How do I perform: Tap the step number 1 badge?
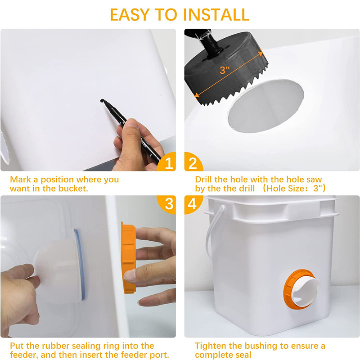coord(167,162)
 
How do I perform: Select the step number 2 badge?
coord(193,162)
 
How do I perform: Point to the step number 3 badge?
coord(167,204)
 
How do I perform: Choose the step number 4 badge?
coord(193,204)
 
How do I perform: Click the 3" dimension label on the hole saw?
coord(225,70)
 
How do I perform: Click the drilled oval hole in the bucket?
coord(266,106)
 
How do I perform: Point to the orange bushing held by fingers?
coord(128,257)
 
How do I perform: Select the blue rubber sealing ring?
coord(80,264)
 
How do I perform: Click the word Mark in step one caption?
coord(20,180)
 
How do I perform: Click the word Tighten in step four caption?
coord(210,346)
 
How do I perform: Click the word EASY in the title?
coord(130,15)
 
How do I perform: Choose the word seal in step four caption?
coord(243,355)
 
